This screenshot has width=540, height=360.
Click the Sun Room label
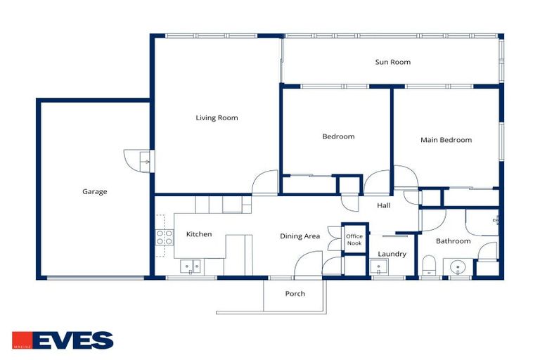click(392, 63)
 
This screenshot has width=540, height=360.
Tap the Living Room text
click(217, 118)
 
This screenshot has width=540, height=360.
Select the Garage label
click(95, 191)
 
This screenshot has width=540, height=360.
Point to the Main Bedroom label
click(446, 140)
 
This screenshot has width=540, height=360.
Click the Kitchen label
click(199, 234)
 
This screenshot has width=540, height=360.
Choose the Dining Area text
click(300, 236)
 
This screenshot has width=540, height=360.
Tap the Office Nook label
click(354, 240)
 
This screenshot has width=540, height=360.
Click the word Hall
click(384, 205)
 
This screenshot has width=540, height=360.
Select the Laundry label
click(392, 254)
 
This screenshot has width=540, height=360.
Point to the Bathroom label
click(453, 241)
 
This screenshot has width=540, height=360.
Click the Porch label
click(295, 293)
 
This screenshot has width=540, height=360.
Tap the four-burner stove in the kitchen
click(165, 237)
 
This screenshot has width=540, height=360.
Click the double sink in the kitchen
click(189, 266)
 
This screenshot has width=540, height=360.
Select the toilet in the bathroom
click(430, 265)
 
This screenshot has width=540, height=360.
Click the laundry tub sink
click(379, 267)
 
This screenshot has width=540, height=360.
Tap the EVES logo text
click(72, 340)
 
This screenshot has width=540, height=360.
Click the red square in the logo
click(20, 340)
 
